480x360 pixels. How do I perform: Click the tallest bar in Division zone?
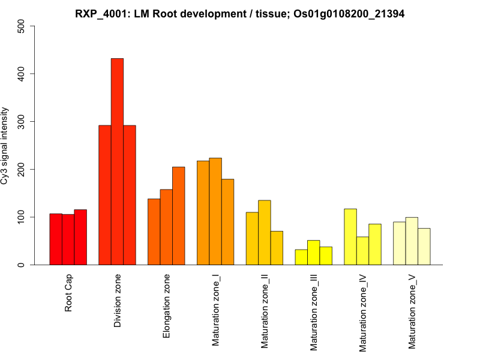click(x=117, y=161)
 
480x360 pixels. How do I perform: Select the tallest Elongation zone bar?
click(x=179, y=216)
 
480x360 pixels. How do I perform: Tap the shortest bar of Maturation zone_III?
click(x=301, y=257)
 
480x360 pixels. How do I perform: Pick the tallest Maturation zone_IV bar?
click(x=350, y=237)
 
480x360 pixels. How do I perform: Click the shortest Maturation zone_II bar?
click(x=277, y=248)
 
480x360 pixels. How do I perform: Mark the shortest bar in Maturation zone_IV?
click(x=362, y=251)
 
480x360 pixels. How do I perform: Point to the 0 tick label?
click(x=22, y=265)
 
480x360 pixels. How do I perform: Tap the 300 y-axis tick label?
click(x=22, y=122)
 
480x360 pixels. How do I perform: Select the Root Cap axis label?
click(x=69, y=293)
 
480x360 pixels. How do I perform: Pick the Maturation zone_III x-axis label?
click(x=314, y=313)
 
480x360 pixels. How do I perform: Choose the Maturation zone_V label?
click(x=413, y=312)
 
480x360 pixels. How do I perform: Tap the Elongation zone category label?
click(x=167, y=306)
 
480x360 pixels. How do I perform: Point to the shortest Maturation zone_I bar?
click(x=227, y=222)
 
